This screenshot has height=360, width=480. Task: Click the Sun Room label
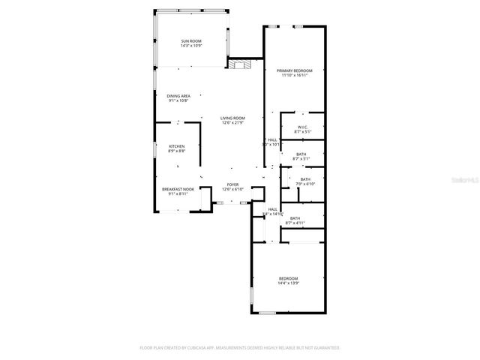[190, 40]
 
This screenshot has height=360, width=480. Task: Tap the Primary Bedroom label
[295, 70]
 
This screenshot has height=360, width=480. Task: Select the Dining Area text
[178, 96]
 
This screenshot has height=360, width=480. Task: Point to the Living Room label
[232, 118]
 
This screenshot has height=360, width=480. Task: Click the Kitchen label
[176, 146]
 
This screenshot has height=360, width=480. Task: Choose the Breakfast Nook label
[178, 189]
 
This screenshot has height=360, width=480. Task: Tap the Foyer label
[233, 184]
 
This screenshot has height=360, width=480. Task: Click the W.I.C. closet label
[303, 127]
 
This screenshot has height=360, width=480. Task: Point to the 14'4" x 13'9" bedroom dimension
[289, 283]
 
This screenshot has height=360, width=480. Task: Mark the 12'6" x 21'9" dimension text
[232, 123]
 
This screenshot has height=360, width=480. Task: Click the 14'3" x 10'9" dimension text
[190, 46]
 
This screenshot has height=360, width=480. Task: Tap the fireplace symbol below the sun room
[238, 65]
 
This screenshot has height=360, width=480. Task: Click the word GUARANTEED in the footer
[323, 348]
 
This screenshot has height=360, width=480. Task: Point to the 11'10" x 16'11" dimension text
[295, 75]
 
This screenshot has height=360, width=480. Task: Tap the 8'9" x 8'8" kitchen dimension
[176, 151]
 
